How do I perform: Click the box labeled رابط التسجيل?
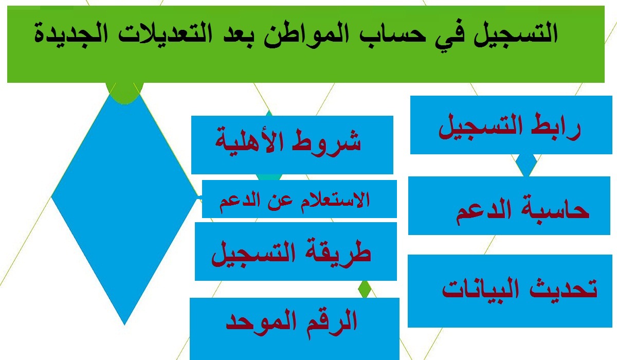tap(511, 125)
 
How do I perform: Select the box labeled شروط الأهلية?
tap(292, 145)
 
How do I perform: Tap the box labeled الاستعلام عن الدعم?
tap(299, 199)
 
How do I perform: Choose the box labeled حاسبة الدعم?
tap(509, 206)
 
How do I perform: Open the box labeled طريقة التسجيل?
tap(296, 251)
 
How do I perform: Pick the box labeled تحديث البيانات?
tap(510, 291)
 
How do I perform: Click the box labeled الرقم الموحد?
tap(295, 329)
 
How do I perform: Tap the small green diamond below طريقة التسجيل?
tap(365, 289)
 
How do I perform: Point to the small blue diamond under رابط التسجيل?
tap(526, 165)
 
